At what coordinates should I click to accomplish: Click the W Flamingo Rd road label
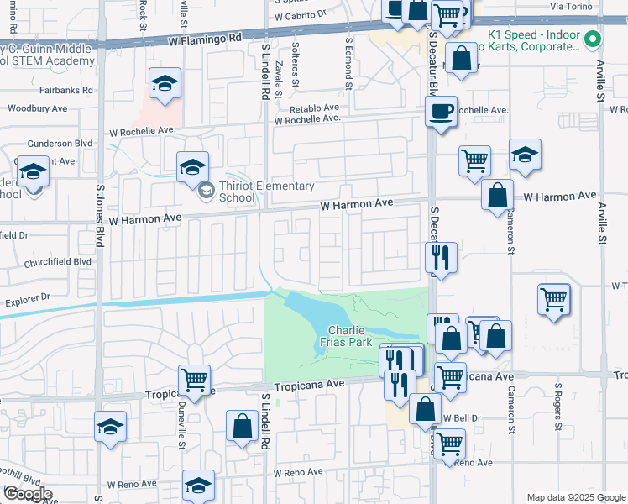click(x=204, y=39)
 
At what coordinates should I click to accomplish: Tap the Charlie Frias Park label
click(x=349, y=336)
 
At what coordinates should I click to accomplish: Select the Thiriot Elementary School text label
click(x=267, y=192)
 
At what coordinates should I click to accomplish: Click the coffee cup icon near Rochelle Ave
click(x=441, y=111)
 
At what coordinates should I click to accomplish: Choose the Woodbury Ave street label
click(x=37, y=108)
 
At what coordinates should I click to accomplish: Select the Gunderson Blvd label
click(x=60, y=143)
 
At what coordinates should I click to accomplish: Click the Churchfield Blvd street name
click(x=59, y=260)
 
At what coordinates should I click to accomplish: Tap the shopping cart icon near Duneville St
click(x=194, y=380)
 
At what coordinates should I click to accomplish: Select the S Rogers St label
click(x=557, y=407)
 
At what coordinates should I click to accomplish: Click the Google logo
click(x=27, y=494)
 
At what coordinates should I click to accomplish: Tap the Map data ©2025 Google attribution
click(x=575, y=497)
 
